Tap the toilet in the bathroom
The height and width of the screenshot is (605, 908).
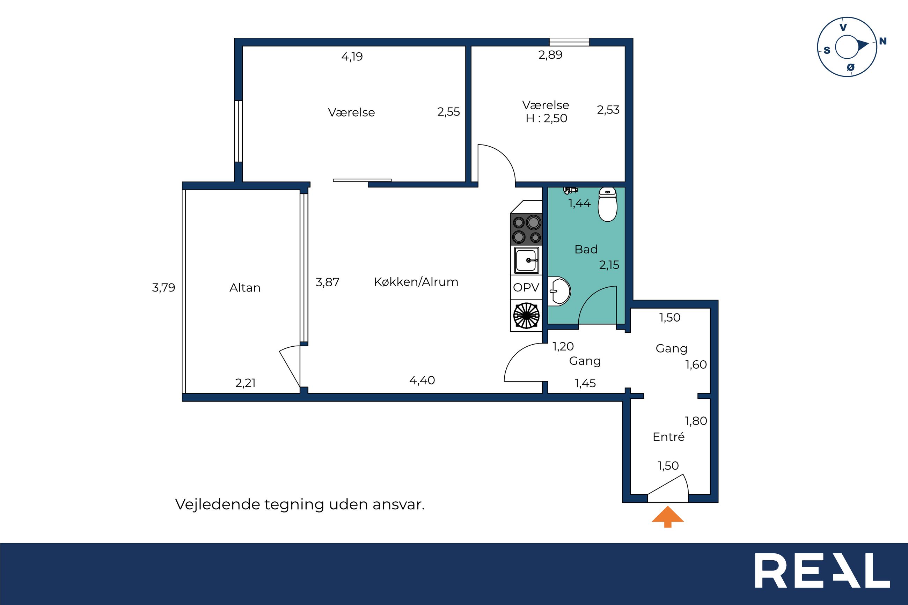(607, 205)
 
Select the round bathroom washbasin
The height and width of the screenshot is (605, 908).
(559, 291)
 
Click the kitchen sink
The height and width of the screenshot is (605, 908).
(526, 260)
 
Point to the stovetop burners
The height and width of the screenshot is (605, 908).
(526, 230)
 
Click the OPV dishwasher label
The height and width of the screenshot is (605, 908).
(526, 287)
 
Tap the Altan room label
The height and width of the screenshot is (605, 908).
(245, 288)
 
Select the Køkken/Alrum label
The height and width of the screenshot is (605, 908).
(416, 282)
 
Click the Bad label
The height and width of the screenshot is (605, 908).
(586, 249)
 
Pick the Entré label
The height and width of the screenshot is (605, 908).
(668, 437)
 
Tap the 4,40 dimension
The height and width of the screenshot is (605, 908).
(422, 381)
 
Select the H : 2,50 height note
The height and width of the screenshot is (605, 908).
(547, 118)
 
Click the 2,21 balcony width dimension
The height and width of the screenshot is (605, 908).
(246, 383)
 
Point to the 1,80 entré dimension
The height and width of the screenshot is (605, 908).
(696, 421)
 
